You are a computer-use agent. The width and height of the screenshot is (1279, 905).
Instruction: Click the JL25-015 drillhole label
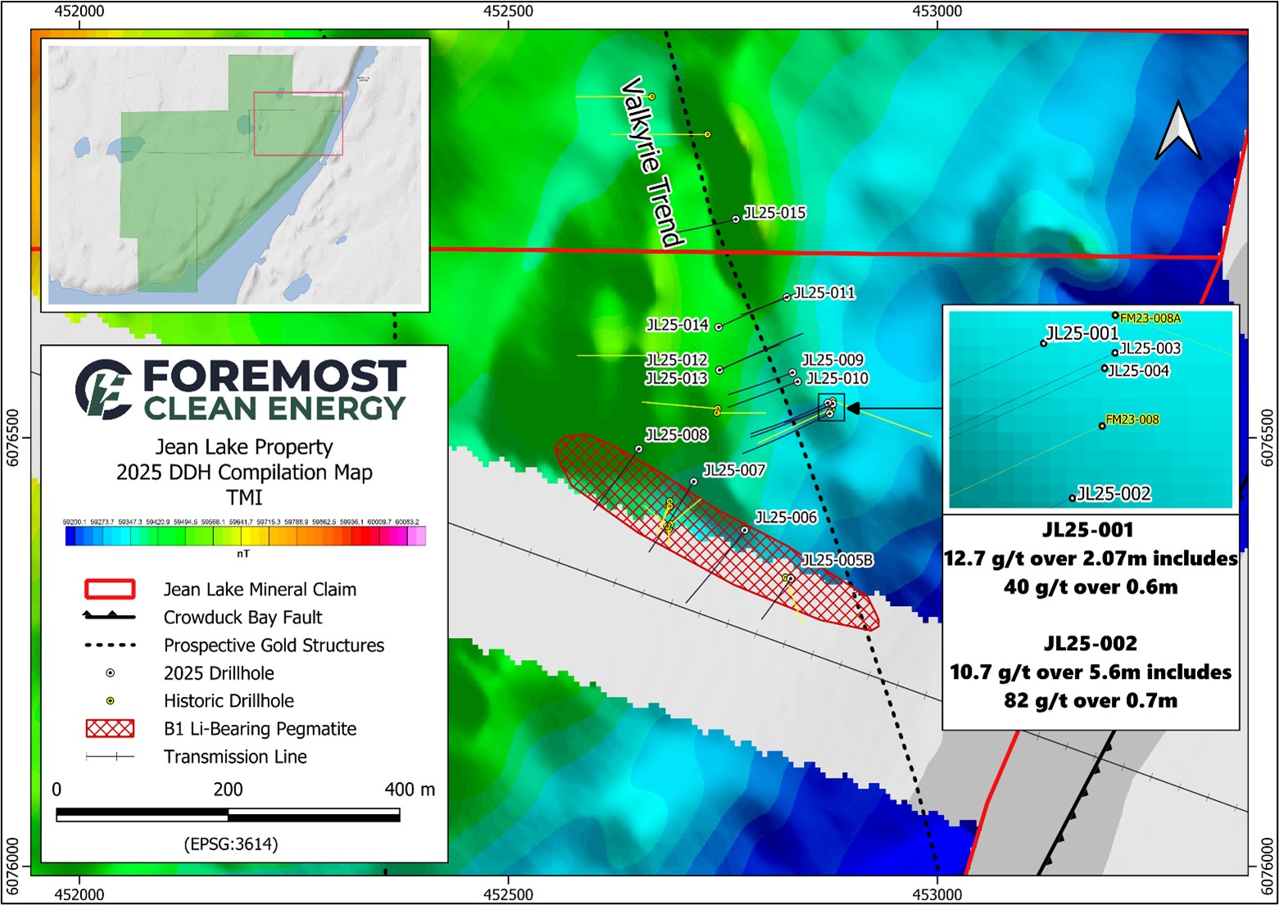pos(774,213)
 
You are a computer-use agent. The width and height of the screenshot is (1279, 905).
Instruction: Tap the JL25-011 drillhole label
pos(824,292)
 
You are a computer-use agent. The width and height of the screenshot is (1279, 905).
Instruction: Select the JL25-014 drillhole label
pos(678,325)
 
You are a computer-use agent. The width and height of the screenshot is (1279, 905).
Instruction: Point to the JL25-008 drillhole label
pos(677,435)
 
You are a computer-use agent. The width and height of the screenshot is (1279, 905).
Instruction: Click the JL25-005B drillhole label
pos(837,560)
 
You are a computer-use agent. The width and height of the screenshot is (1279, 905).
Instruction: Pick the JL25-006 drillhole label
pos(786,518)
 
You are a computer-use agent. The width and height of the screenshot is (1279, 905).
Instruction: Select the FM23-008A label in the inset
pos(1150,319)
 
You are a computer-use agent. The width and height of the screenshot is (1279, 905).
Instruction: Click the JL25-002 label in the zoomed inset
pos(1113,494)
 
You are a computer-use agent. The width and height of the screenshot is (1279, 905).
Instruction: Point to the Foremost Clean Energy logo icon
pos(104,389)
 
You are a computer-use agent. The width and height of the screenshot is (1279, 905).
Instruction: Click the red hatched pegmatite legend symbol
pos(110,729)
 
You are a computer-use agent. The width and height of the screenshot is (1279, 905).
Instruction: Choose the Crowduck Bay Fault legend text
pos(243,618)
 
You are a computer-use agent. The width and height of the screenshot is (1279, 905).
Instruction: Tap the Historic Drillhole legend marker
pos(110,701)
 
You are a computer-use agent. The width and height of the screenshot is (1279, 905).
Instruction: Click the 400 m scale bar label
pos(410,790)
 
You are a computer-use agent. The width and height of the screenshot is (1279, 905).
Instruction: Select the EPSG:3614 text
pos(231,844)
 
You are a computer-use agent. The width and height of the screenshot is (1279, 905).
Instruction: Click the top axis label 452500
pos(508,11)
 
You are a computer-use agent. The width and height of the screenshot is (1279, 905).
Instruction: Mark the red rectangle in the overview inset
pos(298,124)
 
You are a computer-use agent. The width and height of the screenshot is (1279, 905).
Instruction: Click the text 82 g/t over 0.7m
pos(1090,701)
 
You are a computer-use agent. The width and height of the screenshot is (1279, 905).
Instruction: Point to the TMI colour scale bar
pos(245,536)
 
